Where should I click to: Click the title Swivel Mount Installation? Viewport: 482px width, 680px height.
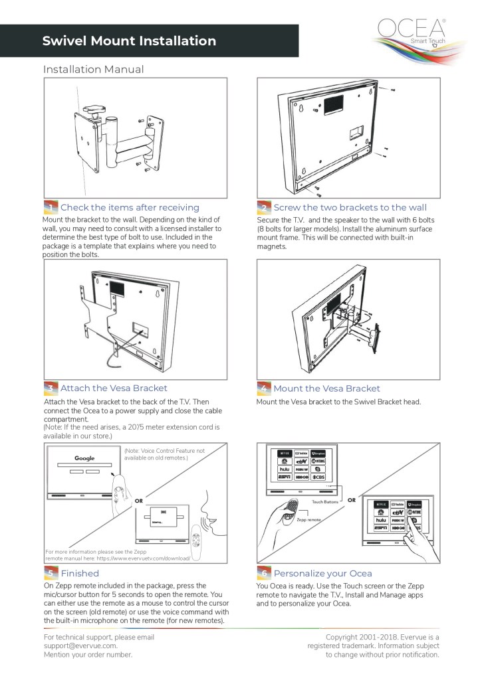129,41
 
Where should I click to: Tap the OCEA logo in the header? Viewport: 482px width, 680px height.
412,31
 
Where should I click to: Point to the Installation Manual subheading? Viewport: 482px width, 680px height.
93,69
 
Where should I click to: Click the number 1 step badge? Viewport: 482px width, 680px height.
51,207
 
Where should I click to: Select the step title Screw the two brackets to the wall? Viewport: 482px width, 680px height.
350,207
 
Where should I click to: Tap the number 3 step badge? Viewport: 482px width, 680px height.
51,388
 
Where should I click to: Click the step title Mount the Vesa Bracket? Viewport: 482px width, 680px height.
327,388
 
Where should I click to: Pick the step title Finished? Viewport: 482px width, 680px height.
80,573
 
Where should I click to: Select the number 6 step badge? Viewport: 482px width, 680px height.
264,573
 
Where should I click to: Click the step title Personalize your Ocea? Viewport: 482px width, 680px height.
323,573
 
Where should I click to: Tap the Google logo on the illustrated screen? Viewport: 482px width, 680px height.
84,458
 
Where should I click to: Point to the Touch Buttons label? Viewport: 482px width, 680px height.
326,503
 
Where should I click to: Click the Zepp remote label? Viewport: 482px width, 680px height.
309,520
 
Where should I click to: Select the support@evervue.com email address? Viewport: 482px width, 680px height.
80,645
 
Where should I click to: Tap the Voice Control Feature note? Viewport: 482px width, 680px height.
164,454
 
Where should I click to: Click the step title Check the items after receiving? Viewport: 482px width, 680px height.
130,207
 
